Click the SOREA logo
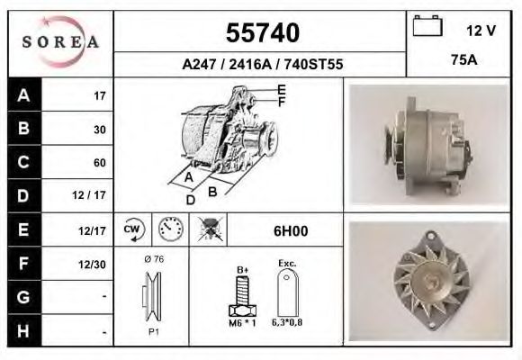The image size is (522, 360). point(60,41)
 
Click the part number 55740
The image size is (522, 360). point(261,33)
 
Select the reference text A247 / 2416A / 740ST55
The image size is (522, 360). point(261,65)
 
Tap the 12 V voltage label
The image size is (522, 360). point(481,31)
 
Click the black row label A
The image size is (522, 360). point(22,94)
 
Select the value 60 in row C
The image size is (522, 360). point(100,163)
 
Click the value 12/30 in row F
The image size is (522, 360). point(93,264)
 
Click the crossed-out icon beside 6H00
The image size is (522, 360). point(211,229)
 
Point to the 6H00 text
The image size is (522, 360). point(290,230)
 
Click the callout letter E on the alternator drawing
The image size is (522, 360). point(282,88)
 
